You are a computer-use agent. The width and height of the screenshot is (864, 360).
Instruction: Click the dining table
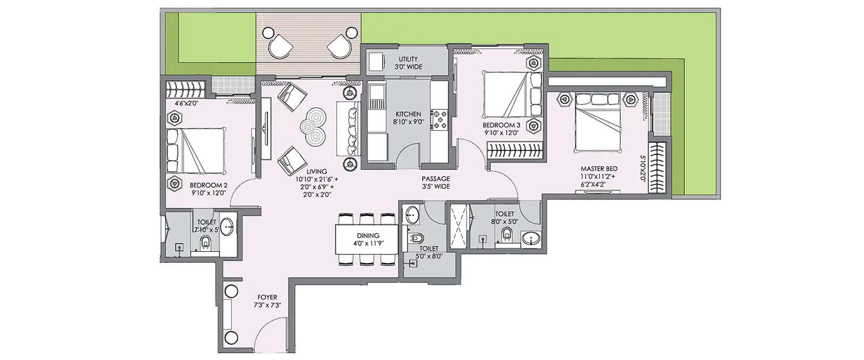tap(367, 240)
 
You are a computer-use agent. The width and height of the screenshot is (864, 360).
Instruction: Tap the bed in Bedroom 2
tap(194, 150)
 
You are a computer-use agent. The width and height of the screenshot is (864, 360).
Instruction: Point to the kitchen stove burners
tap(441, 118)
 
